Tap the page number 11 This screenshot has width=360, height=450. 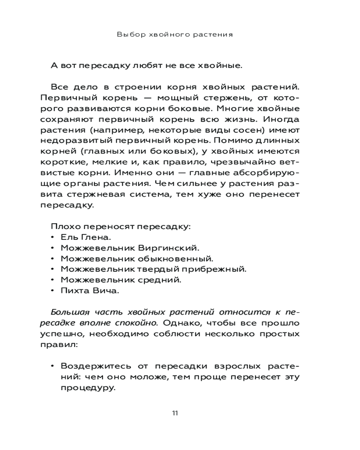175,414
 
